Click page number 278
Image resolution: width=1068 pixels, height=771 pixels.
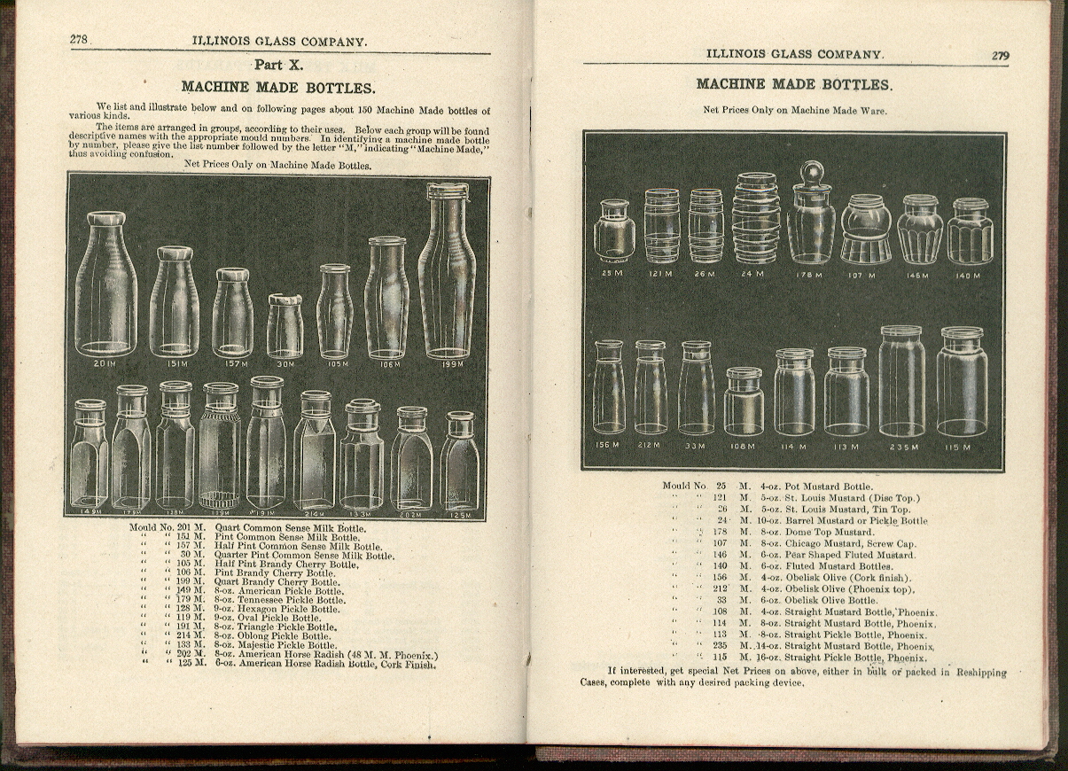[80, 40]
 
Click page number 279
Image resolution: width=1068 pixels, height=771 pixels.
[1000, 55]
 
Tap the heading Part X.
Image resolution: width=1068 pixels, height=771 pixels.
[277, 65]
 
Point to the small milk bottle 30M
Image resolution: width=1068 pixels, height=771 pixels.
[285, 326]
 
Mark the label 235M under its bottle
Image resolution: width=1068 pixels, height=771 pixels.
[903, 447]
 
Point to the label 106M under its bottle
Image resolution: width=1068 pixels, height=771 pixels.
[387, 363]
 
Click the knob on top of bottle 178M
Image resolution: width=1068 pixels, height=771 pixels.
[811, 170]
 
